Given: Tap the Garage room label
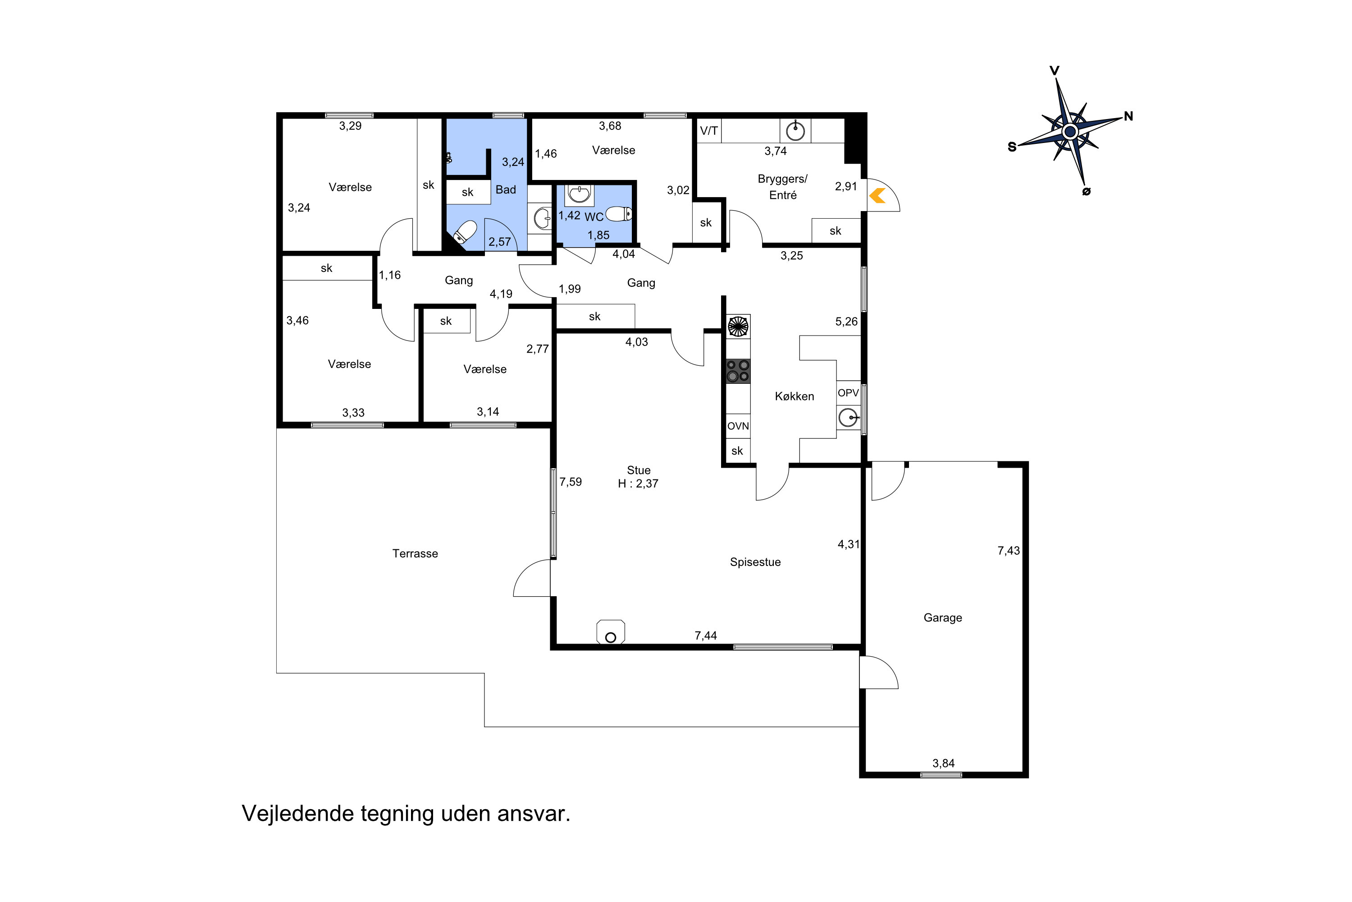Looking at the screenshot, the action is (943, 618).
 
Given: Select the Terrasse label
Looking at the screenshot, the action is (415, 553).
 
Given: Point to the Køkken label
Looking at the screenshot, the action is (795, 396).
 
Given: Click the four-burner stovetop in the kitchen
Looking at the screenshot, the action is (738, 371).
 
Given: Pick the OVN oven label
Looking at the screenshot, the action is (738, 426).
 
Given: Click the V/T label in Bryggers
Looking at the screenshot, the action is (709, 131).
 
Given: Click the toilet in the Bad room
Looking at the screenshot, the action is (465, 232).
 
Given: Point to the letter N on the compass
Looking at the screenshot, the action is (1128, 116).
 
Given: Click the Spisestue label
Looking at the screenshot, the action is (755, 562).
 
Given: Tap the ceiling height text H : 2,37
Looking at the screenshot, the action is (638, 484).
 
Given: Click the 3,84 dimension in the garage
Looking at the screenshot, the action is (943, 764).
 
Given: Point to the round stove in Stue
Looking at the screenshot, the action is (611, 632).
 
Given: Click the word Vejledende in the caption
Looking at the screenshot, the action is (298, 814).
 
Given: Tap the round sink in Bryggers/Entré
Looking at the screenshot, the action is (795, 131).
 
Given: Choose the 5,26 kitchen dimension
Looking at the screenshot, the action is (846, 322).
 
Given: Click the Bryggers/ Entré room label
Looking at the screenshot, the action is (782, 187).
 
